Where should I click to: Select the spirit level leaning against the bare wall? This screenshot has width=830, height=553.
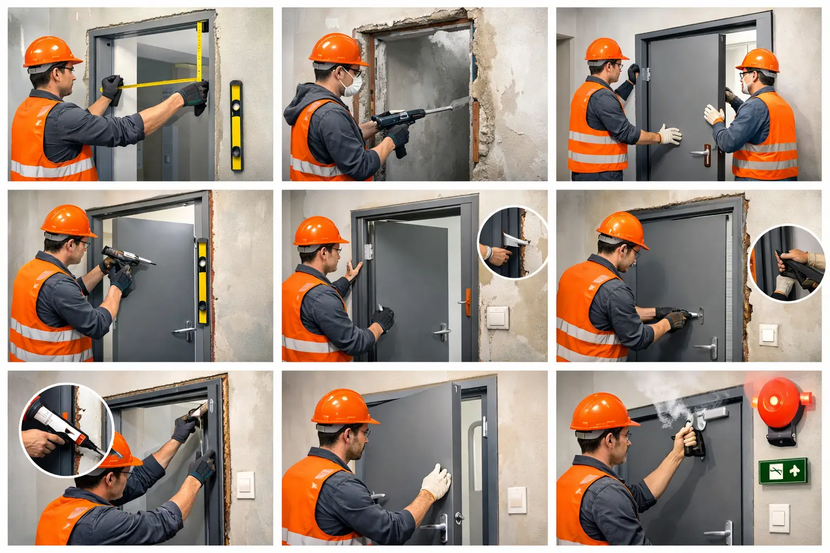point(236,125)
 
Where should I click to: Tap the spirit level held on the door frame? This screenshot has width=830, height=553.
point(202,281)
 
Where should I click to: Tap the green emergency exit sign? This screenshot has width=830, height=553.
point(782,470)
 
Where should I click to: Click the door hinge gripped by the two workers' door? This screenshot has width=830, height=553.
point(645,74)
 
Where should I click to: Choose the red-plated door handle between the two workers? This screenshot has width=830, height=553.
point(703,154)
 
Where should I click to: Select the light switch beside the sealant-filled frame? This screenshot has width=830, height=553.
point(245,484)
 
